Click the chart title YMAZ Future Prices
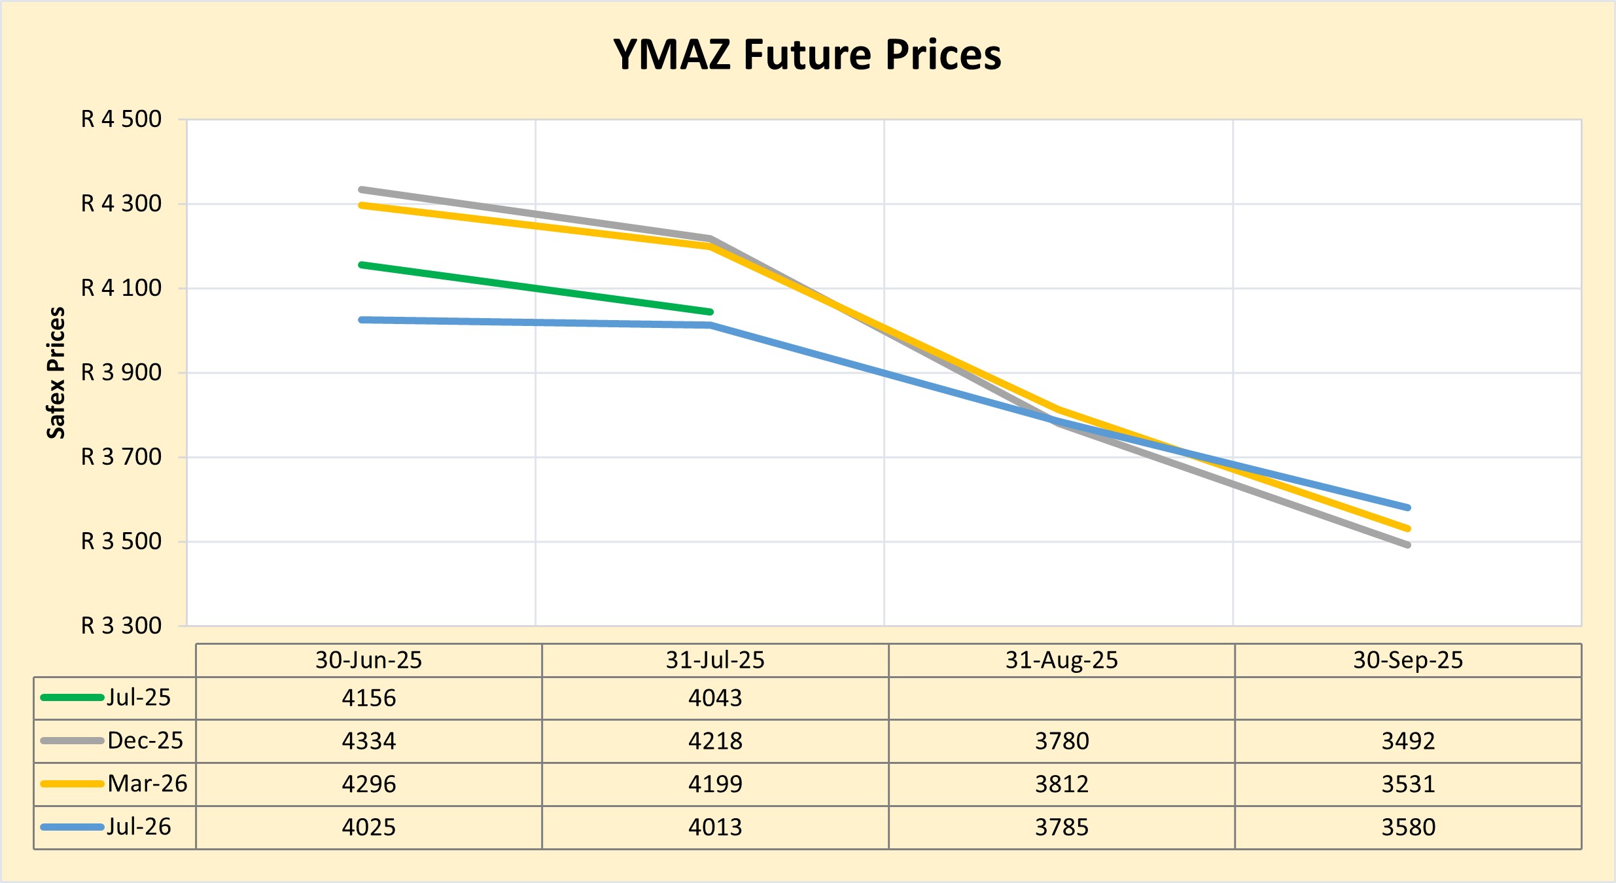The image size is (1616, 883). pos(807,54)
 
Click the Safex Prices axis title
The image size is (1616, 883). pos(56,372)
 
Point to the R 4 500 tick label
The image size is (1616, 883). pos(121,119)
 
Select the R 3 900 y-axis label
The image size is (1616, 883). pos(121,372)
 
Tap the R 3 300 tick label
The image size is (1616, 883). pos(121,626)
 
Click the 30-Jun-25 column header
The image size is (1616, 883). pos(368,660)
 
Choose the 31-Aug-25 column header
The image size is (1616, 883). pos(1061,660)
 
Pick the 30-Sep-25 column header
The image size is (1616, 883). pos(1408,660)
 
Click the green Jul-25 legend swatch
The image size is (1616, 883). pos(72,698)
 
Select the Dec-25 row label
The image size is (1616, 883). pos(145,740)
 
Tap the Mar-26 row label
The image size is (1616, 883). pos(147,784)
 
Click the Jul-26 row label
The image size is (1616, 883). pos(139,827)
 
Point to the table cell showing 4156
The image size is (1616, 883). pos(368,698)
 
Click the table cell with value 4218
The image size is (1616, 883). pos(715,741)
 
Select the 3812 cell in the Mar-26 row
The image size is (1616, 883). pos(1061,784)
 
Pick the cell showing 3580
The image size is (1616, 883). pos(1408,827)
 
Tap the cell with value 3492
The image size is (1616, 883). pos(1408,741)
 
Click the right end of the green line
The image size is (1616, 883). pos(710,312)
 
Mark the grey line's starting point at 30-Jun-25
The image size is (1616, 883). pos(362,190)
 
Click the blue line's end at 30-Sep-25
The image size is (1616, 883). pos(1407,507)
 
